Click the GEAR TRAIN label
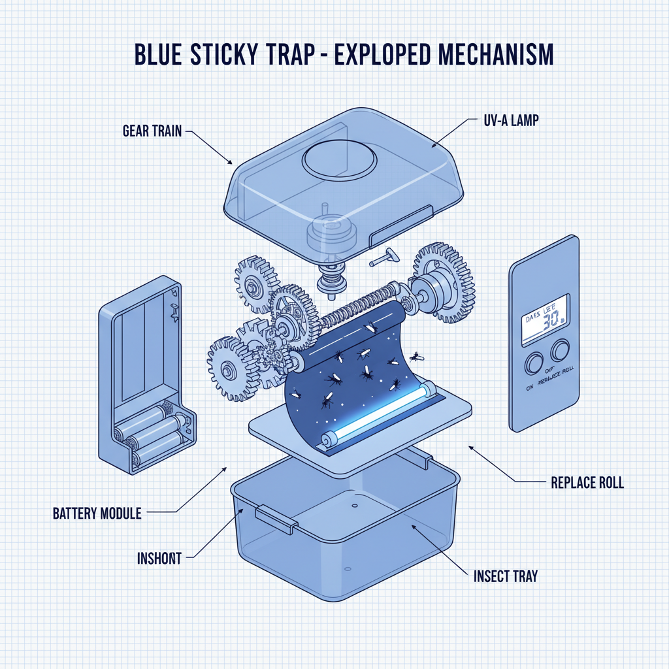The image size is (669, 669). tap(153, 131)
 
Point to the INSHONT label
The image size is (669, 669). tap(159, 559)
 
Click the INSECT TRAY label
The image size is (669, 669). tap(505, 576)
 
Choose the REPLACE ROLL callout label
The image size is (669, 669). tap(587, 483)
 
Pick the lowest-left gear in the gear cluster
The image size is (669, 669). tap(232, 369)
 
